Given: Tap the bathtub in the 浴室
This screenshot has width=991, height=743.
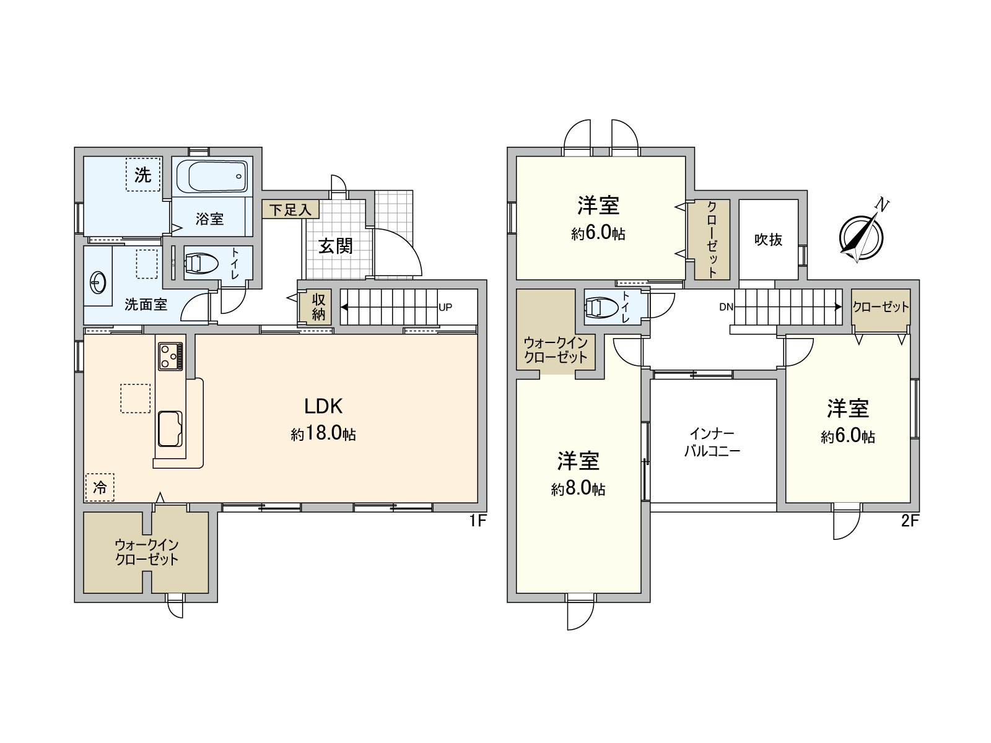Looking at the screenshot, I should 212,176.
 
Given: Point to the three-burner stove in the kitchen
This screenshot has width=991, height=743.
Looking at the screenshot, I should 170,355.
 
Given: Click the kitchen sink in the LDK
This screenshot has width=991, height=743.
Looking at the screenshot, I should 170,428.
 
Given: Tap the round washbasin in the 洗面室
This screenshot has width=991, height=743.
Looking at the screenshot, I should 97,283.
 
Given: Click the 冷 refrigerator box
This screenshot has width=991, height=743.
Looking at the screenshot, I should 100,487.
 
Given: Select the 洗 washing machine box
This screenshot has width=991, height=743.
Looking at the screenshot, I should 143,175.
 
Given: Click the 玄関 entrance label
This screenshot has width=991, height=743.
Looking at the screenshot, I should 336,246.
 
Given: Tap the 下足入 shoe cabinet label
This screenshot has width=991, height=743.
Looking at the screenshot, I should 290,210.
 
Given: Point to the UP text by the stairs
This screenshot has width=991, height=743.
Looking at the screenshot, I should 445,307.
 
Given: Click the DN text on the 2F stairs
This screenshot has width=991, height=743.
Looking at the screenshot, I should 726,307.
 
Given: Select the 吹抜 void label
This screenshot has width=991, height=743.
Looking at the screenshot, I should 768,240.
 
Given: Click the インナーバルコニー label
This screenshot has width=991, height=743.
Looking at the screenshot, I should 712,442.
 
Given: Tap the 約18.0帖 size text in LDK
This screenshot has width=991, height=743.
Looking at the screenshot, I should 323,433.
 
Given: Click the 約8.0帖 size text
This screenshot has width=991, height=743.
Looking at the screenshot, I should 578,490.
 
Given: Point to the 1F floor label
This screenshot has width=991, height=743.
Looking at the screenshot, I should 476,521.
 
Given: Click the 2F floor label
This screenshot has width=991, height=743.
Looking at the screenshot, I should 909,521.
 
